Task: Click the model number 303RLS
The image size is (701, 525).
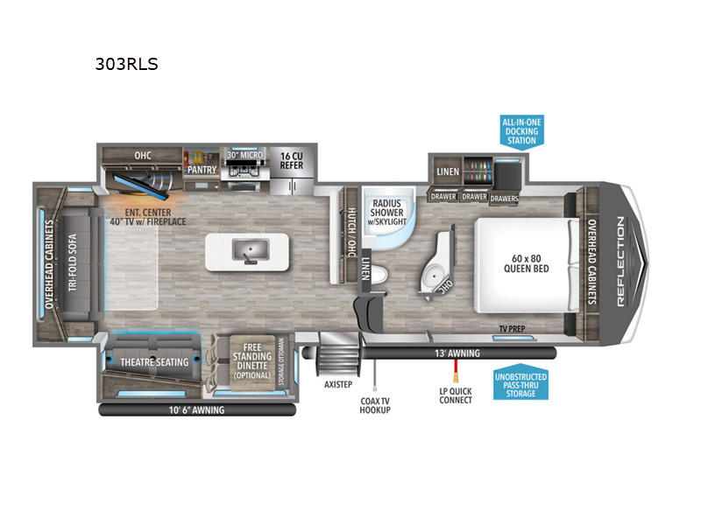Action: pyautogui.click(x=126, y=64)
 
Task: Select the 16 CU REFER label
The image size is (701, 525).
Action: pyautogui.click(x=292, y=161)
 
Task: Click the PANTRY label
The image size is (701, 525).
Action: pyautogui.click(x=202, y=170)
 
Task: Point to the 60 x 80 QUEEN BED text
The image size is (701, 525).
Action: pyautogui.click(x=527, y=263)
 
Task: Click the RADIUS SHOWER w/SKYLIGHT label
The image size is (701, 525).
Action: pyautogui.click(x=386, y=212)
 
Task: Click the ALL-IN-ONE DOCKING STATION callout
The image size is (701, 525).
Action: pyautogui.click(x=521, y=131)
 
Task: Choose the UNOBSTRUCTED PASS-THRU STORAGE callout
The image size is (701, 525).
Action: pyautogui.click(x=520, y=385)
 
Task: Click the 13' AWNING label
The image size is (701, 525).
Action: pyautogui.click(x=457, y=353)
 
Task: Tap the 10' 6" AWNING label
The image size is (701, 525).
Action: pyautogui.click(x=196, y=409)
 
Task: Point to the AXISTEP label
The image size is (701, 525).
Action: pyautogui.click(x=338, y=384)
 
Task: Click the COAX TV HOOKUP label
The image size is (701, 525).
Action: pyautogui.click(x=375, y=405)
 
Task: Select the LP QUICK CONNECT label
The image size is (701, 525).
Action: pyautogui.click(x=456, y=395)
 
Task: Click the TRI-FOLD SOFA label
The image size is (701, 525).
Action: pyautogui.click(x=73, y=262)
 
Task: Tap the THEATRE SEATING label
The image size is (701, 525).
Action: pyautogui.click(x=154, y=362)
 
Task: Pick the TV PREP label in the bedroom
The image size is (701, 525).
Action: pyautogui.click(x=512, y=329)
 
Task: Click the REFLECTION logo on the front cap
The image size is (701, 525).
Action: pyautogui.click(x=620, y=261)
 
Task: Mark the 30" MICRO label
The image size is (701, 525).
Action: pyautogui.click(x=245, y=155)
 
